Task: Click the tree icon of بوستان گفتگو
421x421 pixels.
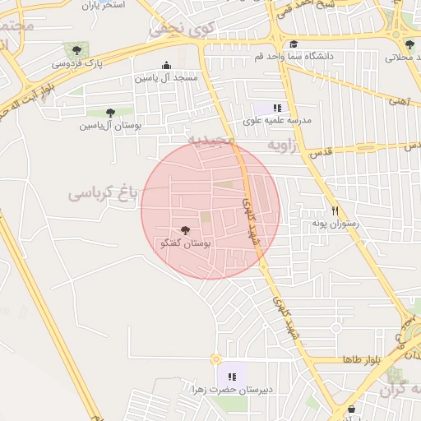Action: point(183,231)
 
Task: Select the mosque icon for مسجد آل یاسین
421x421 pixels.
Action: point(167,65)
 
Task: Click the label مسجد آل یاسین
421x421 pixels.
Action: point(167,77)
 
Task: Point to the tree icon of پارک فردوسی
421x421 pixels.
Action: point(76,50)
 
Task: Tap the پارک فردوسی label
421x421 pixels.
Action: point(77,63)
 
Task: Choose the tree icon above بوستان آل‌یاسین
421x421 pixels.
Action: point(110,113)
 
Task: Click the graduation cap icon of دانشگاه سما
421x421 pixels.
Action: point(294,44)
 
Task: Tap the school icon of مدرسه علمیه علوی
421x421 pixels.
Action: point(278,108)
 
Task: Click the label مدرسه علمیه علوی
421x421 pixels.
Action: point(277,121)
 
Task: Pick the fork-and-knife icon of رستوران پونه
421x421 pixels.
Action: point(335,210)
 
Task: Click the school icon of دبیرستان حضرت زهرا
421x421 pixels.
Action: point(232,376)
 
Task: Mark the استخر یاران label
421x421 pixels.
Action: point(102,5)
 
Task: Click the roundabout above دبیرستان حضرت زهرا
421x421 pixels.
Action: point(216,359)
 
